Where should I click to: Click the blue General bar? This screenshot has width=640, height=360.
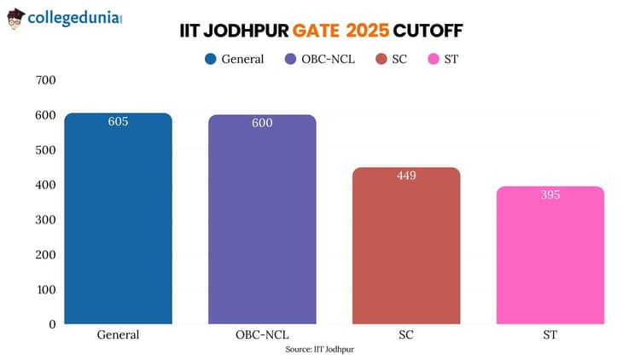pos(119,222)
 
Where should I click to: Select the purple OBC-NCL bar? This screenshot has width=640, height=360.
pos(262,222)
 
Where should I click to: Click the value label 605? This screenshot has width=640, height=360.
pos(119,122)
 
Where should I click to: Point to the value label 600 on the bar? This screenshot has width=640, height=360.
pos(262,124)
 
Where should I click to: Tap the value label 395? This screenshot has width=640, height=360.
pos(550,195)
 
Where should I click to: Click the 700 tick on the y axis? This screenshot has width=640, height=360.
pos(45,80)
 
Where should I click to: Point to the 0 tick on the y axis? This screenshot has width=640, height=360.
pos(51,324)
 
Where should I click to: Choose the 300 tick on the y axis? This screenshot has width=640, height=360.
pos(45,219)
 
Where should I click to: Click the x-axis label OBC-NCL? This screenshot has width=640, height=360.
pos(262,335)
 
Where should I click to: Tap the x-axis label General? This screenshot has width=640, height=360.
pos(119,335)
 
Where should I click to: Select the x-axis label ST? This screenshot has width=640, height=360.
pos(550,335)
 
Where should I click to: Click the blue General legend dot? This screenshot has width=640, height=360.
pos(210,59)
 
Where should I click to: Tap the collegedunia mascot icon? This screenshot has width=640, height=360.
pos(15,18)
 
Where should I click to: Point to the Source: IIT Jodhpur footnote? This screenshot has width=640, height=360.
pos(320,350)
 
